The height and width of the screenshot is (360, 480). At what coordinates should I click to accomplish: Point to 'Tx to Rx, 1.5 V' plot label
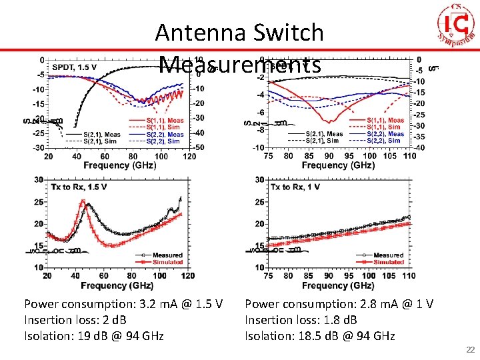click(x=79, y=187)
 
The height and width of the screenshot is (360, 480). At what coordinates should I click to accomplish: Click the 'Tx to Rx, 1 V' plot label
click(x=295, y=187)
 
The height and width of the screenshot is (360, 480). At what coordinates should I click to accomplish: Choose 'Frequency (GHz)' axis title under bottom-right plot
click(x=338, y=285)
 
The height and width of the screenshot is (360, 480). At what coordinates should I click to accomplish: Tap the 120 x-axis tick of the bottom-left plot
click(x=187, y=275)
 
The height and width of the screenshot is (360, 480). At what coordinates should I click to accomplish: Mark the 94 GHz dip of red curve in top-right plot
click(x=329, y=121)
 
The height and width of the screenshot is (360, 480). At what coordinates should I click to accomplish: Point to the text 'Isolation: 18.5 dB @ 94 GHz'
click(x=319, y=336)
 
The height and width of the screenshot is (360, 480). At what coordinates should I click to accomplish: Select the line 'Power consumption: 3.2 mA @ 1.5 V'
click(x=123, y=304)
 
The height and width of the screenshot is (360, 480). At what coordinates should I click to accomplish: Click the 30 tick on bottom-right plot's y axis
click(x=259, y=180)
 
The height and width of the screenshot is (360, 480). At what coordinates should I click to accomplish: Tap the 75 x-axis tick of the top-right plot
click(x=268, y=155)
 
